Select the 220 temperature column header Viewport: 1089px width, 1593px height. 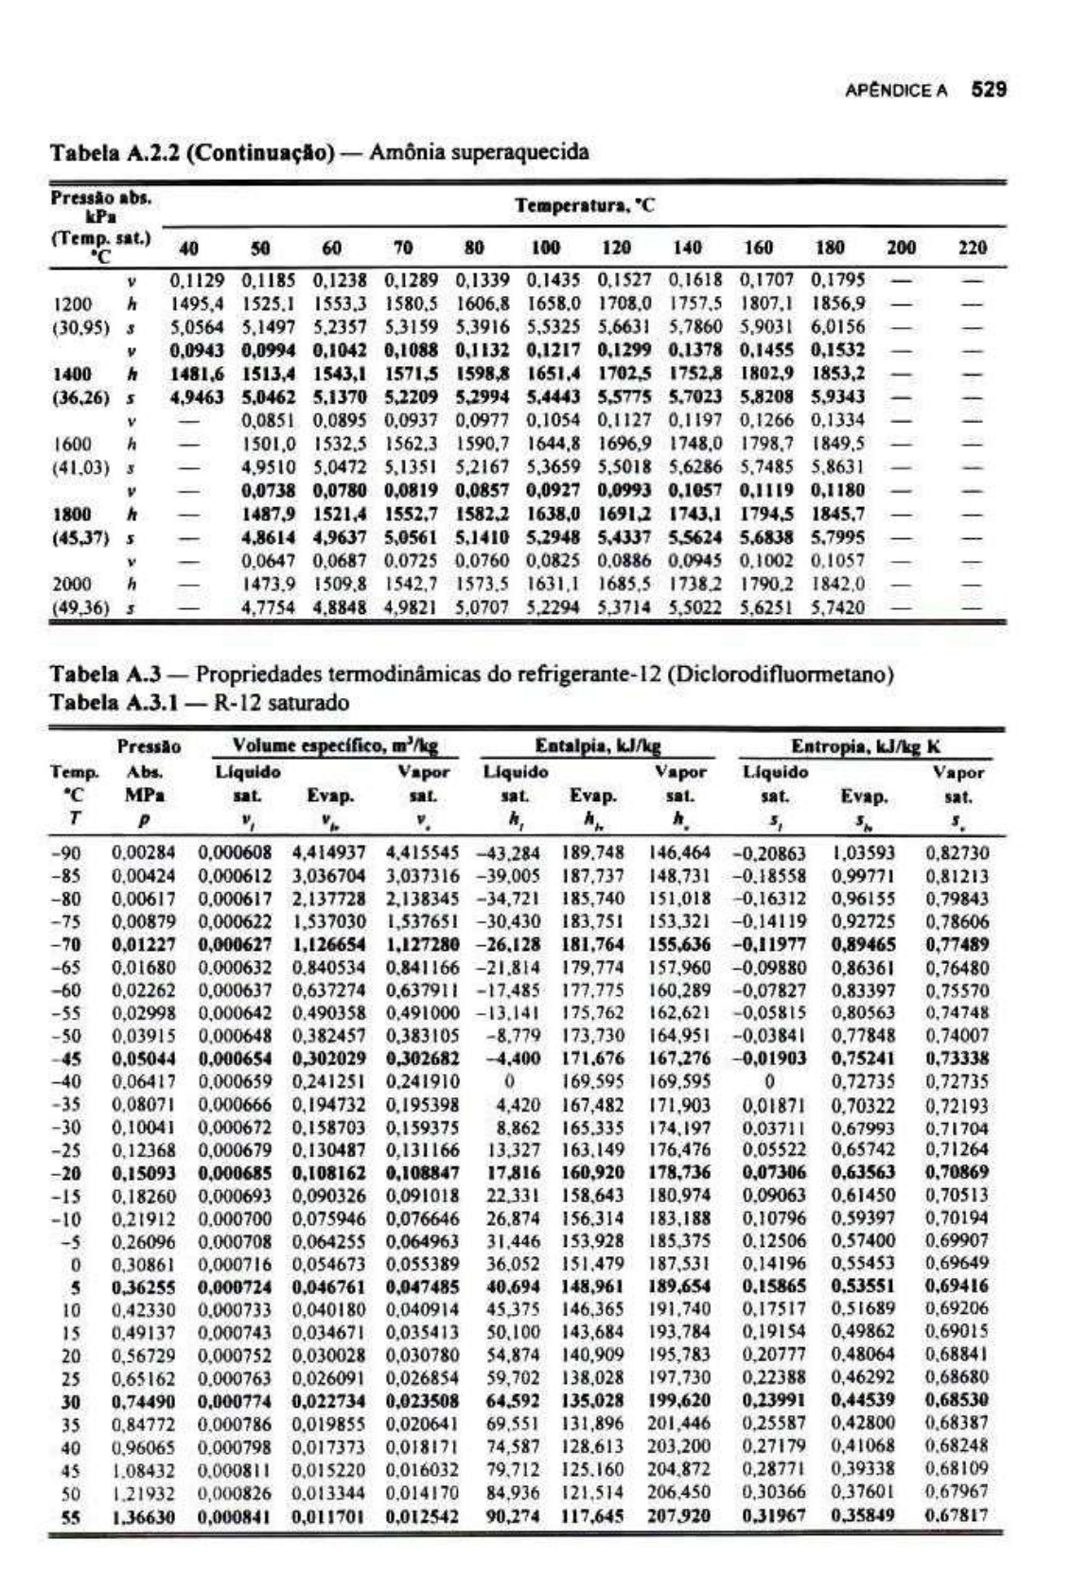click(x=972, y=248)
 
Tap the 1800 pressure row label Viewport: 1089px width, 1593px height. click(x=72, y=514)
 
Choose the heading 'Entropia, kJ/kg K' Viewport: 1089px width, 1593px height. click(x=866, y=745)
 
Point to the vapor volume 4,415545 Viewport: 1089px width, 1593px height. click(x=422, y=852)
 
